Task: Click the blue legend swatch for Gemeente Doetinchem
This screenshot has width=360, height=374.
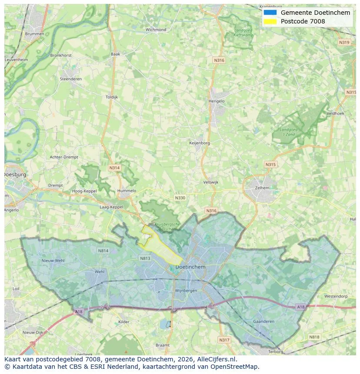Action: (270, 13)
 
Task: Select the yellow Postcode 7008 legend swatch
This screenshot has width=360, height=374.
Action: (270, 21)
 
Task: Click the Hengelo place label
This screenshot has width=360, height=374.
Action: (217, 101)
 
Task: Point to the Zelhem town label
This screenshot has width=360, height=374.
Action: (262, 188)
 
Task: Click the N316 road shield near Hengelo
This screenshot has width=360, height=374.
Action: (219, 60)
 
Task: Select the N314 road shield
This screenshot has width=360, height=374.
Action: (114, 168)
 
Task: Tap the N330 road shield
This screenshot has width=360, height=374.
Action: (180, 198)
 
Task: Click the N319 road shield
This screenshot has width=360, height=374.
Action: (344, 42)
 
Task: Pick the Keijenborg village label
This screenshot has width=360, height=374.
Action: (200, 142)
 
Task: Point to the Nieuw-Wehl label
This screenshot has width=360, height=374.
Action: (53, 260)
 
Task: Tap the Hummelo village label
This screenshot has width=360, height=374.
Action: (127, 191)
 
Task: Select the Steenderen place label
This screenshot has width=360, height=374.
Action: (70, 79)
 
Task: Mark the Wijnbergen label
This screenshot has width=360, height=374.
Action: (186, 291)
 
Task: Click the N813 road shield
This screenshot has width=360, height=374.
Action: (145, 258)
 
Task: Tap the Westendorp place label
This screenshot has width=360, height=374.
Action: (336, 296)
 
